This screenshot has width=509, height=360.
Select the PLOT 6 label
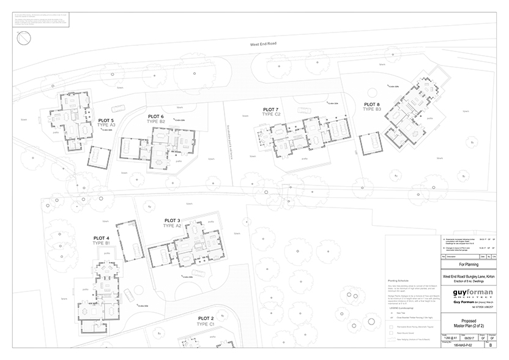156,116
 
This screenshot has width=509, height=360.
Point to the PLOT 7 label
270,109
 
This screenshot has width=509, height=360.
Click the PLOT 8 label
372,104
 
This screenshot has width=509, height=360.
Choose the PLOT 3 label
172,220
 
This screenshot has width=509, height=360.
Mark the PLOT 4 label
102,238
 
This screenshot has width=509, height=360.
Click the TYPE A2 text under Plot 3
172,226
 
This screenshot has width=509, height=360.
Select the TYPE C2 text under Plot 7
270,114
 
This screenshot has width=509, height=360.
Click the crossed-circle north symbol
24,39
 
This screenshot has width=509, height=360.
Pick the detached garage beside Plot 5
99,156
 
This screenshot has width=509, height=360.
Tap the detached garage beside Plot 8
371,144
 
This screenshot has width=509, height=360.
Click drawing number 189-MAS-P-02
456,347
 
